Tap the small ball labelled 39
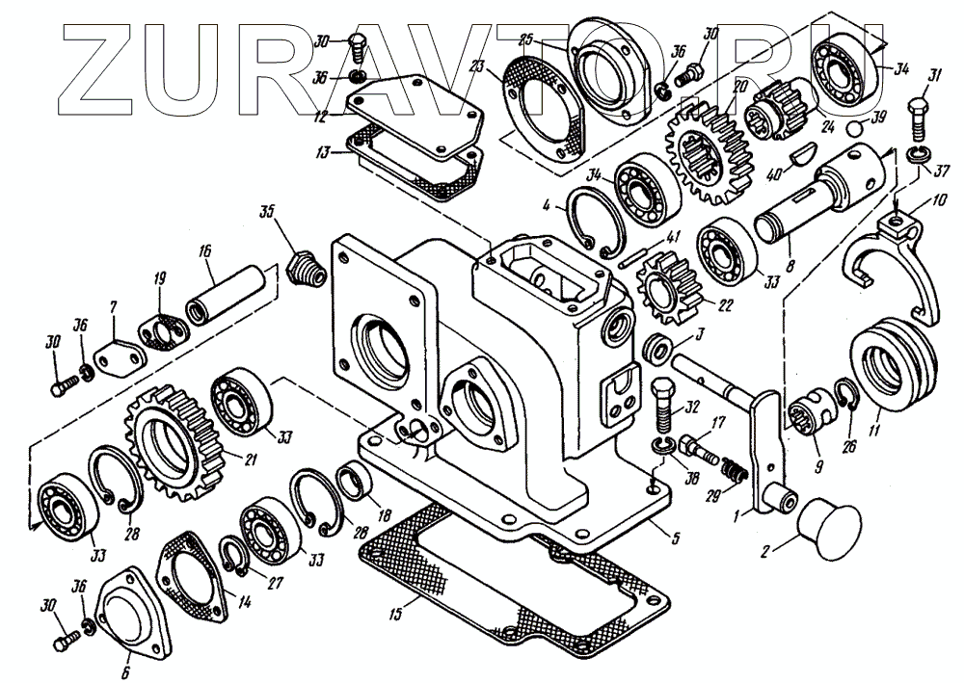(854, 127)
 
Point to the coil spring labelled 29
(736, 472)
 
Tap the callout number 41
(672, 236)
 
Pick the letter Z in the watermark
(97, 71)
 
